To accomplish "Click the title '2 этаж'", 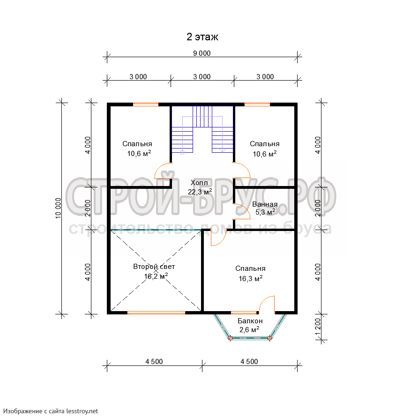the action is (x=202, y=37).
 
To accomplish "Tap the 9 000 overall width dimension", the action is (x=202, y=53).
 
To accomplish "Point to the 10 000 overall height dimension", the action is (x=58, y=208).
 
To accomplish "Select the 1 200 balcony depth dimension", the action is (x=318, y=327).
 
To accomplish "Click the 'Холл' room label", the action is (x=199, y=183).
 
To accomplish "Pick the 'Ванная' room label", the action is (x=265, y=204).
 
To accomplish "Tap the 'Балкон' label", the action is (x=250, y=321).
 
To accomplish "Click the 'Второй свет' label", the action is (x=154, y=267).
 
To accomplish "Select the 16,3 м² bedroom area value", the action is (x=251, y=278).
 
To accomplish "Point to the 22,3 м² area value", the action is (x=200, y=192).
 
